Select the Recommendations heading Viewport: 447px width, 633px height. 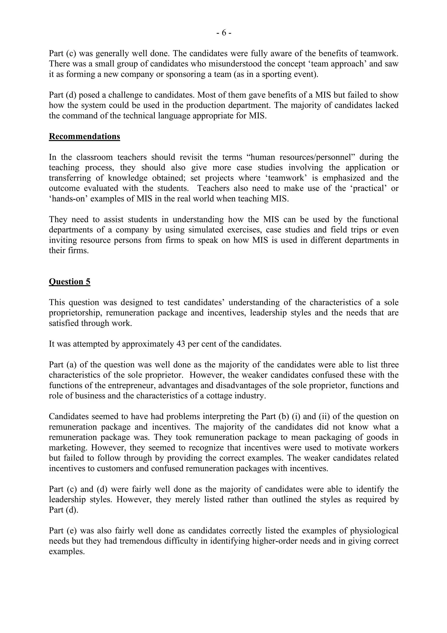pyautogui.click(x=84, y=137)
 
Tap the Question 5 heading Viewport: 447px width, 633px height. pyautogui.click(x=69, y=282)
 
